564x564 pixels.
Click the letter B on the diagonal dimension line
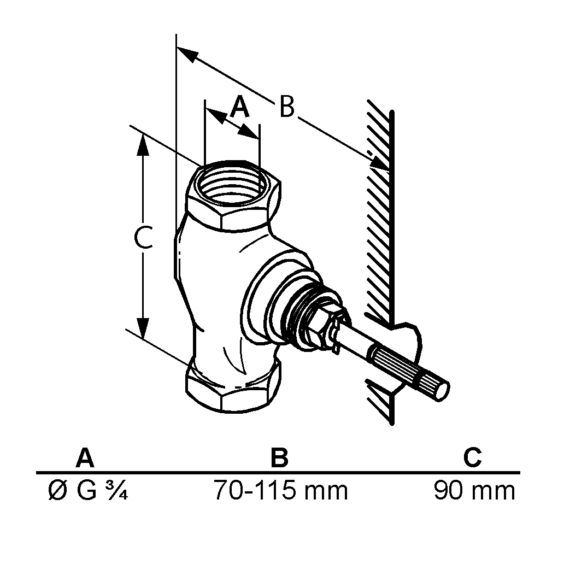click(286, 107)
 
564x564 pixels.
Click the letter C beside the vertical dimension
click(143, 239)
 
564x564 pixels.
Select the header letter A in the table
click(85, 458)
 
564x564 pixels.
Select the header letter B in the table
click(279, 458)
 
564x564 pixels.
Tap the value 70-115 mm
click(280, 491)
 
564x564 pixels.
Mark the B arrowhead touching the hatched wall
click(379, 162)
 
